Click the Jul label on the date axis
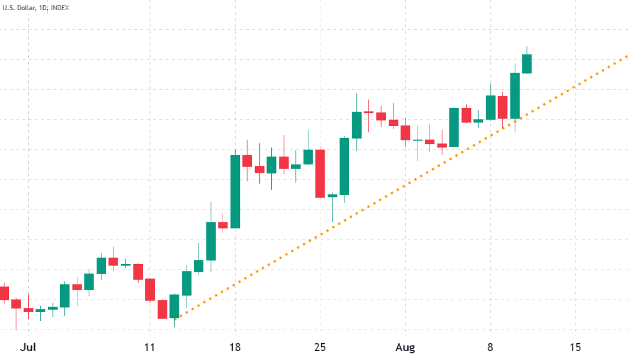point(28,347)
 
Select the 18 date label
point(235,347)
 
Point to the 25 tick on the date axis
point(320,347)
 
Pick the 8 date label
point(490,347)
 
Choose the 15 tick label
point(575,347)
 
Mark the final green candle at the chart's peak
point(527,64)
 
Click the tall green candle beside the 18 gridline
point(235,191)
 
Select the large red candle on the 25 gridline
point(320,173)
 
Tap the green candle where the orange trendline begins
point(174,306)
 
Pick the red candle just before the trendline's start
point(162,309)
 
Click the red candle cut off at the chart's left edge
point(4,293)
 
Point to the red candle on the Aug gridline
point(405,133)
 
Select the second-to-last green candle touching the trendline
point(515,95)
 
